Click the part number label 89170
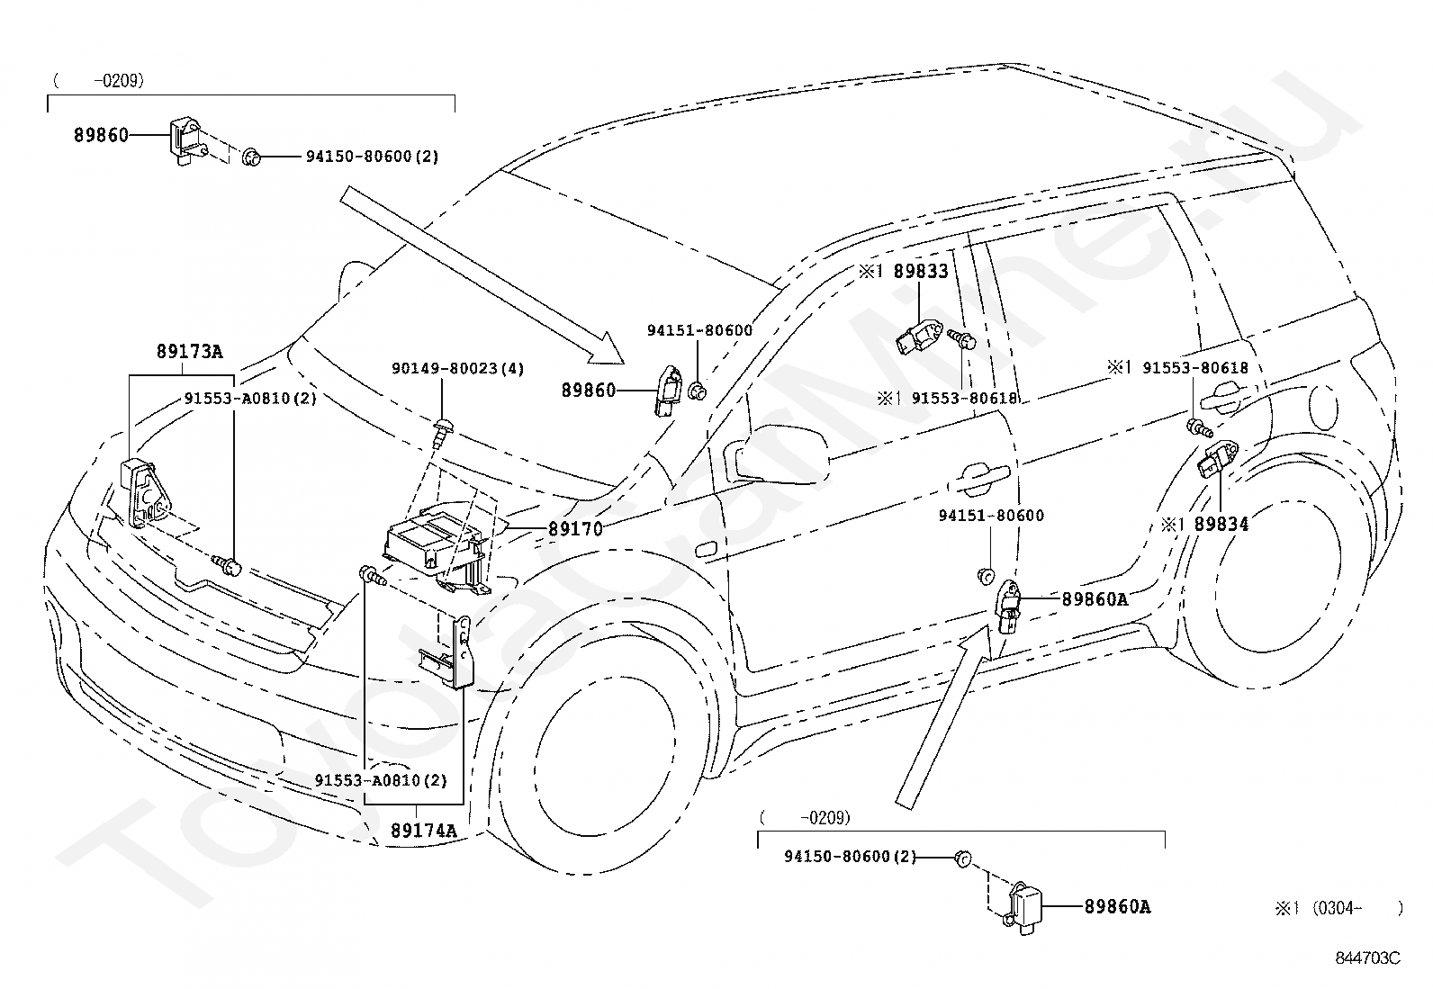pyautogui.click(x=575, y=529)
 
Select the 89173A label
pyautogui.click(x=189, y=351)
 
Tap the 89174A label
pyautogui.click(x=423, y=831)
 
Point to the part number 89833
pyautogui.click(x=921, y=271)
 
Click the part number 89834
pyautogui.click(x=1221, y=524)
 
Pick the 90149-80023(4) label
pyautogui.click(x=457, y=368)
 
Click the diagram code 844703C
pyautogui.click(x=1368, y=958)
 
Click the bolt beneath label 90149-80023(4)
pyautogui.click(x=440, y=433)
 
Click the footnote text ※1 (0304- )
pyautogui.click(x=1339, y=908)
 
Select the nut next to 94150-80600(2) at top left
pyautogui.click(x=251, y=156)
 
